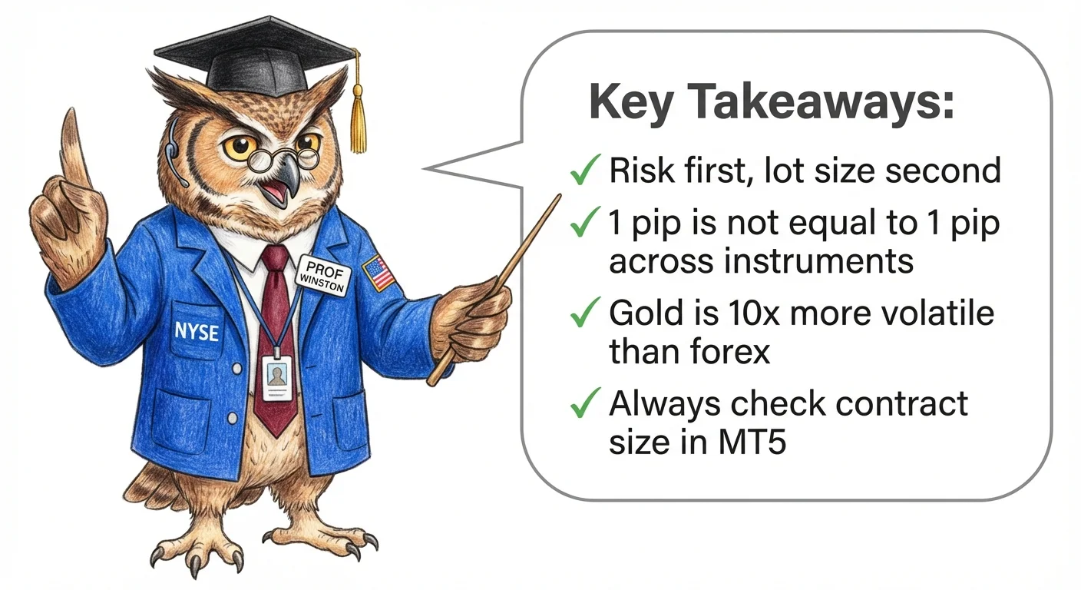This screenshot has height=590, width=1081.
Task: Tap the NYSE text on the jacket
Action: tap(197, 331)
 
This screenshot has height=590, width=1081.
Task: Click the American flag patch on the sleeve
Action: tap(379, 272)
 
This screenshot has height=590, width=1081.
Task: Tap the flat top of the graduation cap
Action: tap(253, 46)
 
